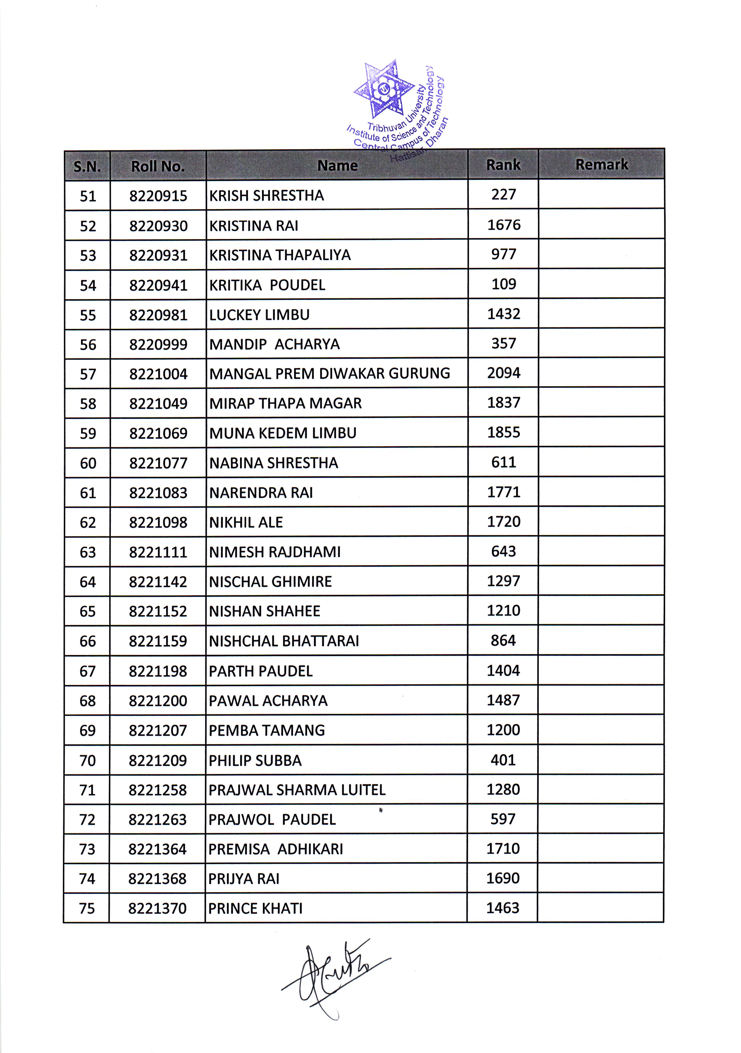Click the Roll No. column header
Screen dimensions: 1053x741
pyautogui.click(x=158, y=166)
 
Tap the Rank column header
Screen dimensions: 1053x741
pyautogui.click(x=503, y=165)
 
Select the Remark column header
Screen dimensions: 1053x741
pyautogui.click(x=601, y=164)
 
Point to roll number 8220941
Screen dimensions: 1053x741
pyautogui.click(x=158, y=285)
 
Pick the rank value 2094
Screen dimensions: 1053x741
pyautogui.click(x=504, y=373)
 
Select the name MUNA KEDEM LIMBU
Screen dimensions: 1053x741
pyautogui.click(x=283, y=433)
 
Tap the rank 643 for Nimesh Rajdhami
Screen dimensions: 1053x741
pyautogui.click(x=503, y=551)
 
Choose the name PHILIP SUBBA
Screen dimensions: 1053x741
pyautogui.click(x=255, y=761)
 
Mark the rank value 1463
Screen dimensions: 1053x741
pyautogui.click(x=503, y=908)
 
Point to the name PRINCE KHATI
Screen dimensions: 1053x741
pyautogui.click(x=255, y=908)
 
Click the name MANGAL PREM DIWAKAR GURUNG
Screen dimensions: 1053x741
pyautogui.click(x=330, y=373)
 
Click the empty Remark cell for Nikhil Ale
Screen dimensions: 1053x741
pyautogui.click(x=601, y=522)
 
